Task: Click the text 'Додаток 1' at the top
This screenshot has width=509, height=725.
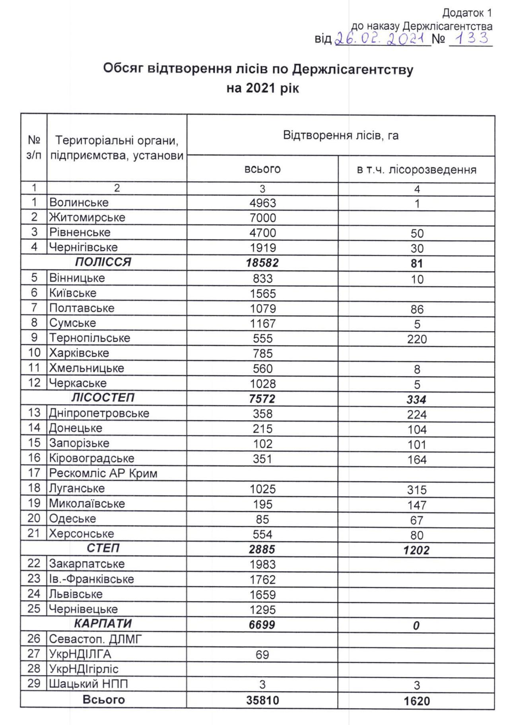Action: click(x=467, y=13)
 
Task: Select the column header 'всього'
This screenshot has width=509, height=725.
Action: click(x=262, y=169)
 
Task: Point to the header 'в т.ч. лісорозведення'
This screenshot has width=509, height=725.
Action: click(x=416, y=170)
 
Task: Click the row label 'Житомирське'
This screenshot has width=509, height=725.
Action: click(x=87, y=217)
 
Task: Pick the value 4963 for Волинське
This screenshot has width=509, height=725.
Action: click(x=262, y=203)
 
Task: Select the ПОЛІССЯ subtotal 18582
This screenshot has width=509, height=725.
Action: click(x=262, y=263)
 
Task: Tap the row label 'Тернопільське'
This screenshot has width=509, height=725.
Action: click(x=89, y=338)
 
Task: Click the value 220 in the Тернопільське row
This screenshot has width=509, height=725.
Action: click(x=416, y=339)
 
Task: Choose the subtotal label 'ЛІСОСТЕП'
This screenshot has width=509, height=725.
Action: click(x=103, y=397)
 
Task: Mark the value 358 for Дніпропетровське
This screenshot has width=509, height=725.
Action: click(x=262, y=414)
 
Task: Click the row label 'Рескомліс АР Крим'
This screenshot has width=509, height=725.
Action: click(x=103, y=473)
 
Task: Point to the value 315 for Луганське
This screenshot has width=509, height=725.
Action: click(x=416, y=490)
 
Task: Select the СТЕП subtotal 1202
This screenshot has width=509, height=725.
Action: click(x=416, y=550)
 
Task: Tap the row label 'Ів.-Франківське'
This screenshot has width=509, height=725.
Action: click(x=91, y=579)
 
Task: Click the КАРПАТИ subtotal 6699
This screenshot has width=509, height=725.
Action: click(x=262, y=625)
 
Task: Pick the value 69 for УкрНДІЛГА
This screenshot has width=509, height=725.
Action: click(x=262, y=655)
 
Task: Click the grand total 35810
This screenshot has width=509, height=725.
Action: click(x=262, y=700)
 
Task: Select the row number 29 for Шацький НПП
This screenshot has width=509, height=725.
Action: click(x=34, y=684)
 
